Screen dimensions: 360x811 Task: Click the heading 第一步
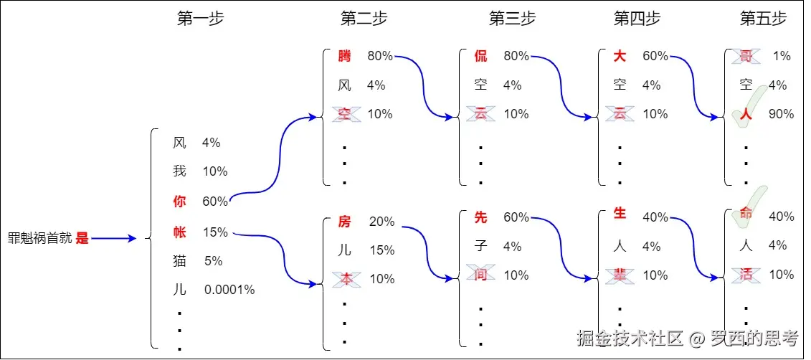click(x=200, y=19)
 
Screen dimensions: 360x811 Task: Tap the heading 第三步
click(x=512, y=19)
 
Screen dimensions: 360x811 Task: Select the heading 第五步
click(x=763, y=19)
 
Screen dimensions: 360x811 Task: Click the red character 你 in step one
click(x=179, y=202)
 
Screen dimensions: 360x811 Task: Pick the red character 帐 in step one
click(x=179, y=232)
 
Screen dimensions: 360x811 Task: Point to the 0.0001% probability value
click(x=229, y=290)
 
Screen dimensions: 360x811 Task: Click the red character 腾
click(x=345, y=56)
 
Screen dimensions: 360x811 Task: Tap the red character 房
click(x=345, y=222)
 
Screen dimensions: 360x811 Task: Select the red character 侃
click(x=480, y=56)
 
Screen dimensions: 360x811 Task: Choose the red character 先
click(x=480, y=217)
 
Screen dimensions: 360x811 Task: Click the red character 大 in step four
click(x=620, y=56)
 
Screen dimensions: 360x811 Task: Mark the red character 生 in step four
click(x=620, y=214)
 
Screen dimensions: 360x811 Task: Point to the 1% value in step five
click(x=782, y=56)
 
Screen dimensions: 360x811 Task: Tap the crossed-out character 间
click(x=480, y=275)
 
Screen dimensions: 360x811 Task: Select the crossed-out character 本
click(x=345, y=278)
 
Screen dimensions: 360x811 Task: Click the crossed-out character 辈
click(x=620, y=275)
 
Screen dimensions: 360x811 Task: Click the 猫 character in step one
click(x=179, y=261)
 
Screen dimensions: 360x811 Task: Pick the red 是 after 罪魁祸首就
click(x=82, y=239)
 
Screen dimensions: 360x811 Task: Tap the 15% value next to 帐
click(x=215, y=232)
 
